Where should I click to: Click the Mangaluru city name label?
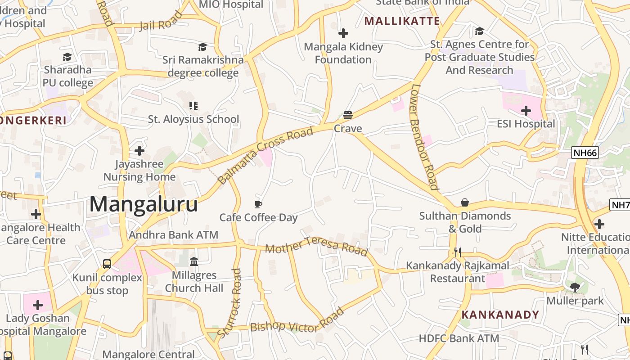[x=144, y=204]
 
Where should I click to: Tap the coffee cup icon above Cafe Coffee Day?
[x=258, y=205]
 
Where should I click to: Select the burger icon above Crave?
[x=347, y=115]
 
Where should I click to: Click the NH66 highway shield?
[x=585, y=153]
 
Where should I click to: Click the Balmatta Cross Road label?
[x=265, y=156]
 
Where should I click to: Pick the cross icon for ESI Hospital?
[x=526, y=111]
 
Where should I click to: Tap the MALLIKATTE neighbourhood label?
[x=402, y=21]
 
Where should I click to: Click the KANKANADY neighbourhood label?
[x=500, y=315]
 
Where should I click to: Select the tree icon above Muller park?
[x=575, y=287]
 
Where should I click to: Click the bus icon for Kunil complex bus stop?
[x=107, y=264]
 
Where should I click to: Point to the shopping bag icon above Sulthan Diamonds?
[x=464, y=203]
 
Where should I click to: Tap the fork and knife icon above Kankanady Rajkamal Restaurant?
[x=458, y=252]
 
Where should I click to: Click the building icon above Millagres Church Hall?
[x=194, y=261]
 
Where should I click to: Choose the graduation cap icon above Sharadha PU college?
[x=67, y=57]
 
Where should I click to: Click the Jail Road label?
[x=161, y=21]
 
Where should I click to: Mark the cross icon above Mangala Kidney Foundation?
[x=343, y=33]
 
